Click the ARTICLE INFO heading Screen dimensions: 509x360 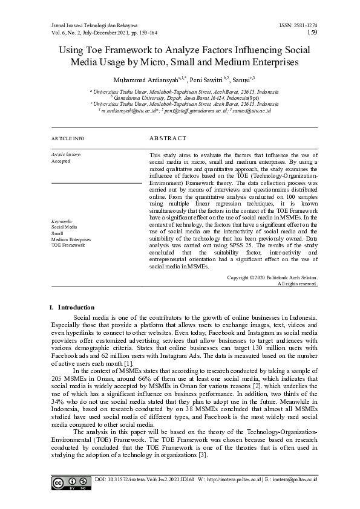(68, 139)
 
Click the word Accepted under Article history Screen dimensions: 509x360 (61, 161)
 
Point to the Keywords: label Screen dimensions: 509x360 (62, 222)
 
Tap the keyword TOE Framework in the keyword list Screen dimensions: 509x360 (68, 245)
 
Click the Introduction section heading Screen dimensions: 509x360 (76, 307)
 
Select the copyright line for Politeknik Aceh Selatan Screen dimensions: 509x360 (272, 277)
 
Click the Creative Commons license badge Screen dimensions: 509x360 (66, 483)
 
